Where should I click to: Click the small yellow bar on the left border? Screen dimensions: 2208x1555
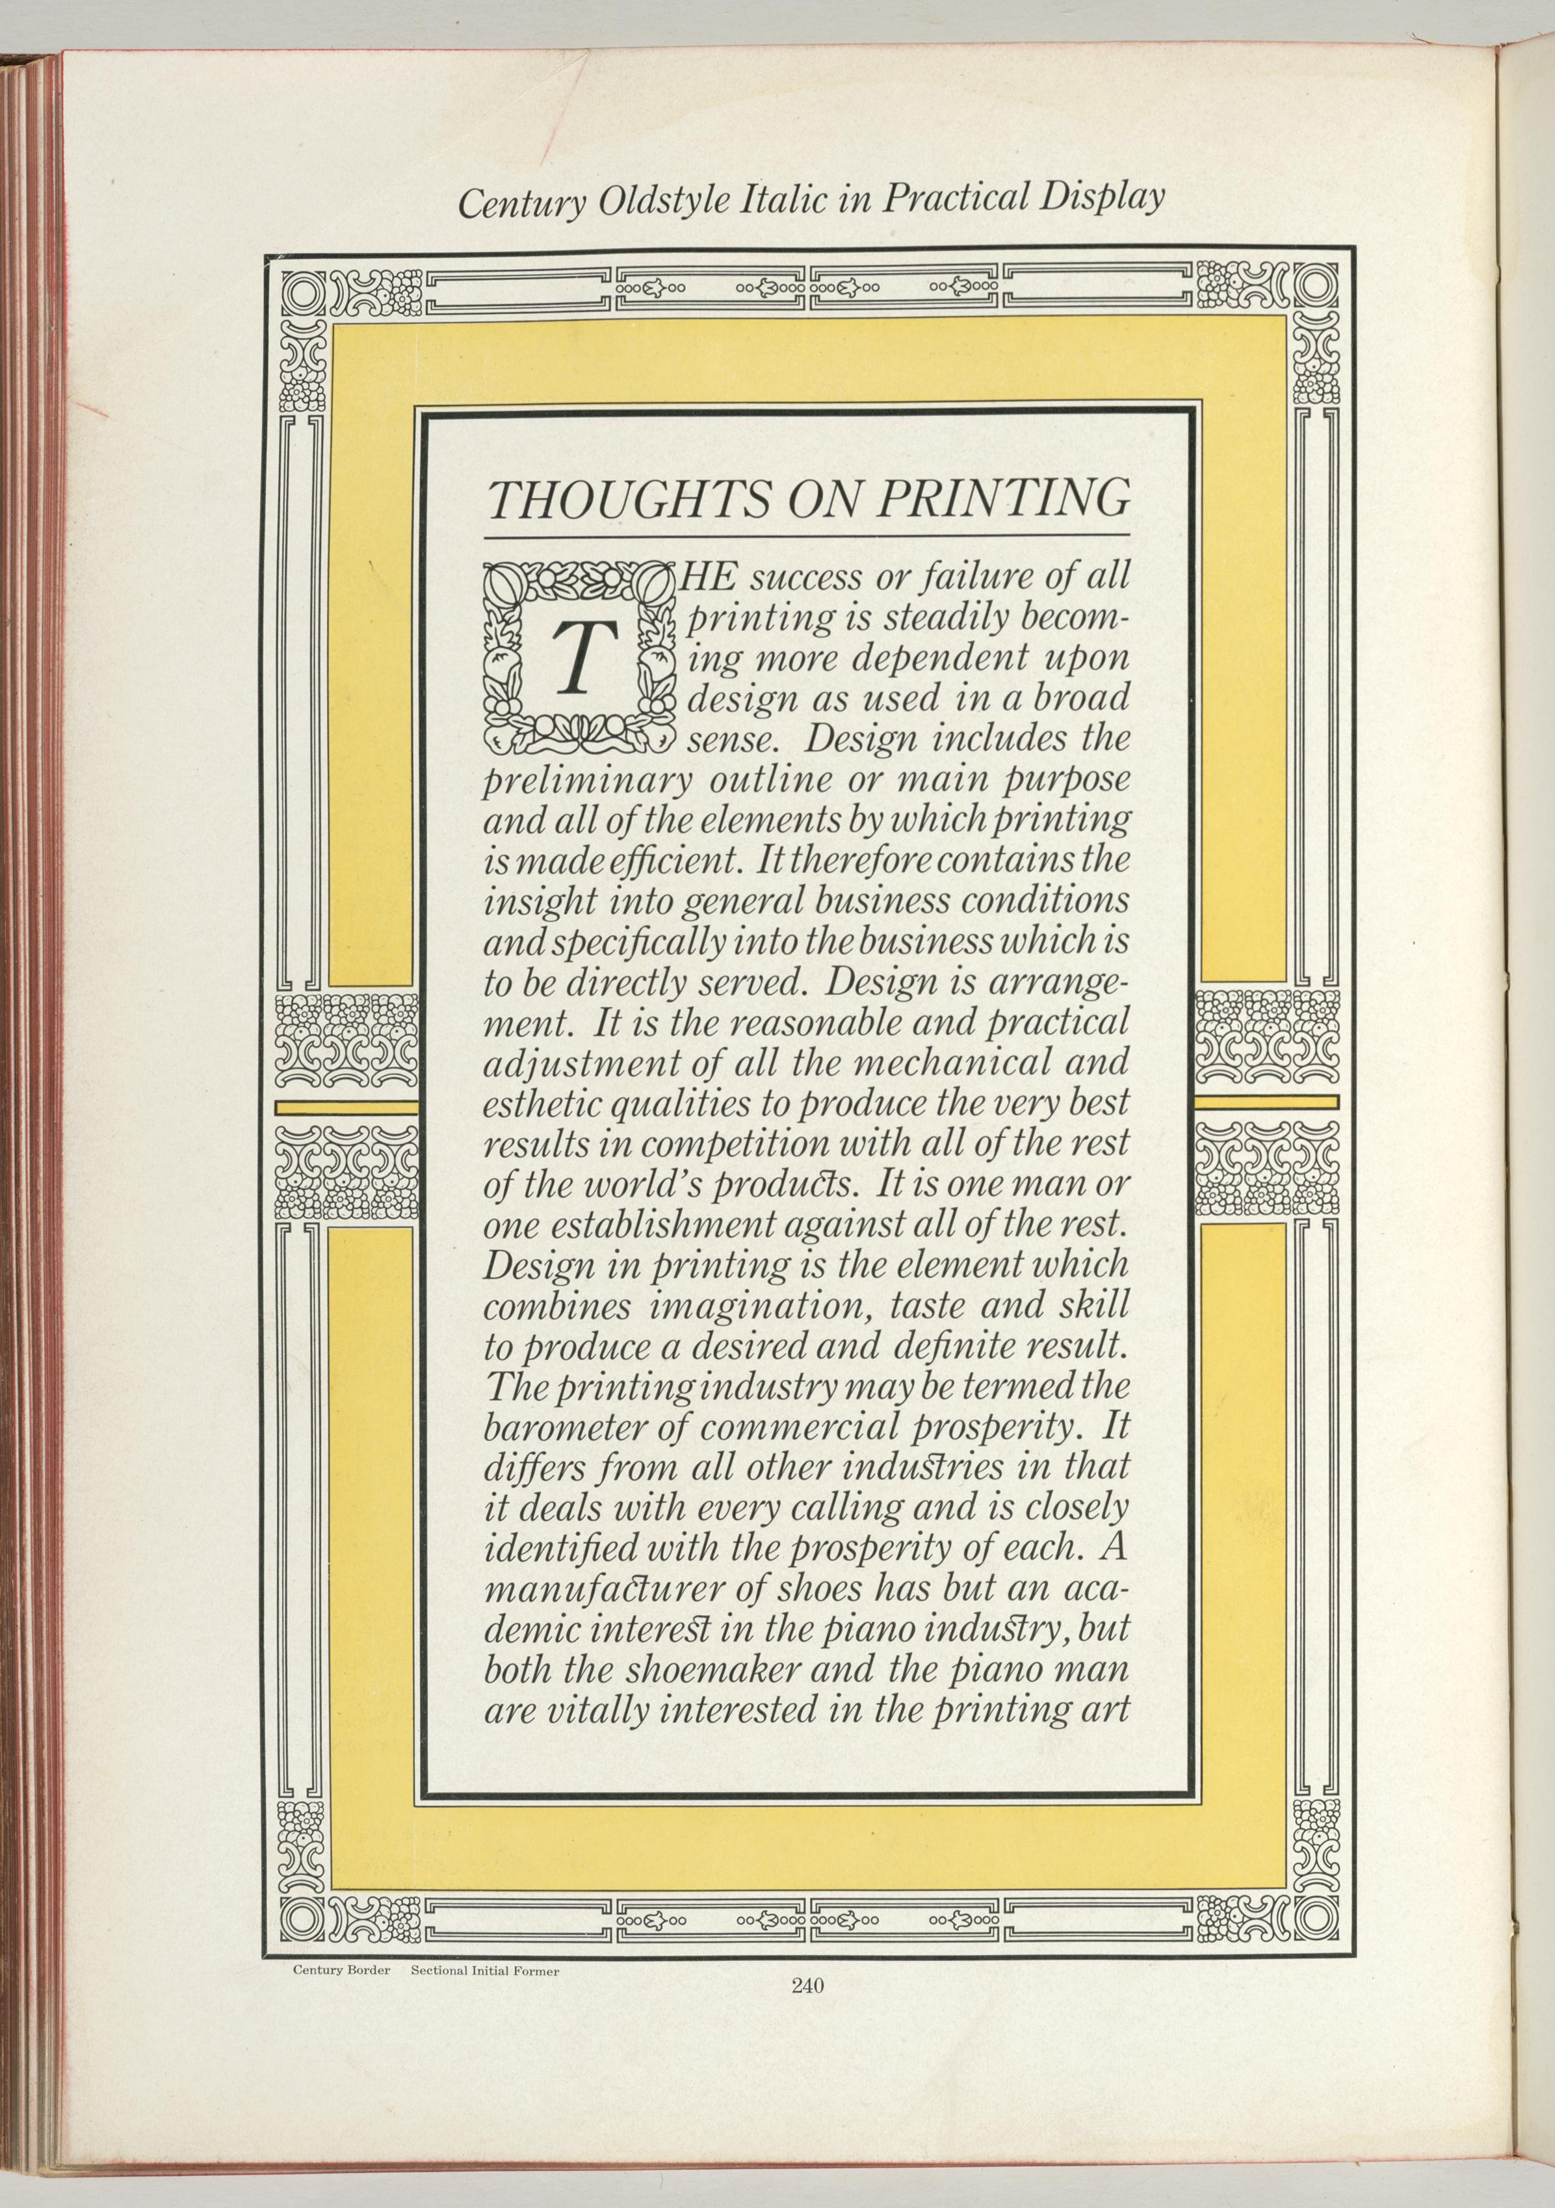tap(346, 1107)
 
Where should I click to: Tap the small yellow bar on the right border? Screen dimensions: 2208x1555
tap(1266, 1101)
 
